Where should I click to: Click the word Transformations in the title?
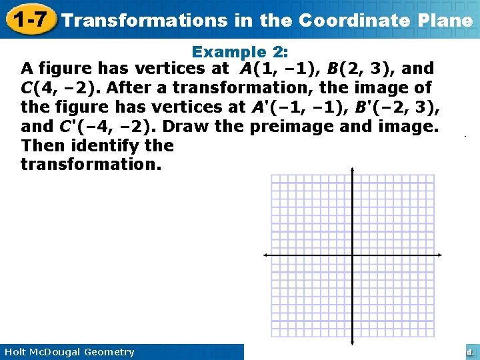144,20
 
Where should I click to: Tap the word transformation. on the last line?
91,165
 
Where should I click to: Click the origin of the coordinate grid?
353,255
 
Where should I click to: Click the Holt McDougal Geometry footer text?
69,352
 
